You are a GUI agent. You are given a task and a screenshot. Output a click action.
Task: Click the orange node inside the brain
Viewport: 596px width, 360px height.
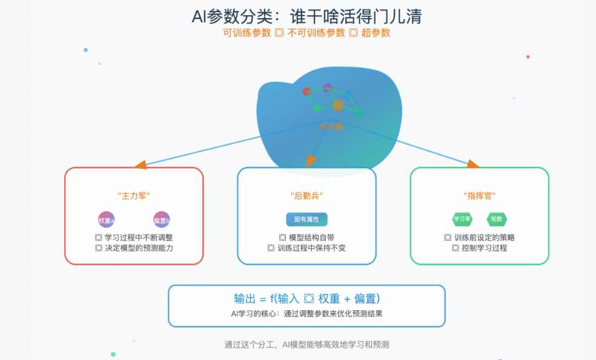click(x=338, y=105)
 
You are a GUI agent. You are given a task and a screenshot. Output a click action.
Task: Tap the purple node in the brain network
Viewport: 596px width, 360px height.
click(x=328, y=88)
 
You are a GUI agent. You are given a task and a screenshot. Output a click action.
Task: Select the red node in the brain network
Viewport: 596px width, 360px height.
click(x=307, y=92)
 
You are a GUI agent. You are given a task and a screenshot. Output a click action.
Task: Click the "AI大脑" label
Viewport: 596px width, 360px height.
click(x=330, y=127)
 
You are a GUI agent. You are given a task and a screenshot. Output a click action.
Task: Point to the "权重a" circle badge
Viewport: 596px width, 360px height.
click(x=106, y=220)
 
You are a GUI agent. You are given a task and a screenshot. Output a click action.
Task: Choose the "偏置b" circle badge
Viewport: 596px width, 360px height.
click(x=162, y=220)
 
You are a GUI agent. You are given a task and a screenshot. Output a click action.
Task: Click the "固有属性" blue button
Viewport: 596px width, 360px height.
click(x=306, y=219)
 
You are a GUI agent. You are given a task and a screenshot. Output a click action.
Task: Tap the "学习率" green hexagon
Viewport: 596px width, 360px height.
click(x=463, y=219)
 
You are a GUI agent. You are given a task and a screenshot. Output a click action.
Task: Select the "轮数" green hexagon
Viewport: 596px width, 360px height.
click(x=497, y=219)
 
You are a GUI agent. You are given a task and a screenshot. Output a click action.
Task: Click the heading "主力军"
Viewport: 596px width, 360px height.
click(x=134, y=196)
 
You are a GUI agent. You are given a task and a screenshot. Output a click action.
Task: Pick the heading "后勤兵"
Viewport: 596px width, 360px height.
click(x=306, y=196)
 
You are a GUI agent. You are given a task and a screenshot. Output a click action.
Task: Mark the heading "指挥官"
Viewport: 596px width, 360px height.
click(x=480, y=196)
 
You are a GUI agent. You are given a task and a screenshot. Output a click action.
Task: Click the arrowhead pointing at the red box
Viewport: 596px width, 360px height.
click(x=141, y=164)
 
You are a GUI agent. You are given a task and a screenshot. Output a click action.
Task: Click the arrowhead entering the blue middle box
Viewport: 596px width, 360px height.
click(x=311, y=161)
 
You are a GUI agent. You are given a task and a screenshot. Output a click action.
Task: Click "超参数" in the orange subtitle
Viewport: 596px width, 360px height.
click(x=376, y=33)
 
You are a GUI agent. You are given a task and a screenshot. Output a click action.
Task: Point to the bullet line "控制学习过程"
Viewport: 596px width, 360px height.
click(x=480, y=248)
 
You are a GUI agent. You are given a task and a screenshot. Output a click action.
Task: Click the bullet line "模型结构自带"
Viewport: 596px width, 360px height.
click(x=306, y=238)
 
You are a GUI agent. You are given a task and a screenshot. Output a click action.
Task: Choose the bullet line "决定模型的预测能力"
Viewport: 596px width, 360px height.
click(x=134, y=248)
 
